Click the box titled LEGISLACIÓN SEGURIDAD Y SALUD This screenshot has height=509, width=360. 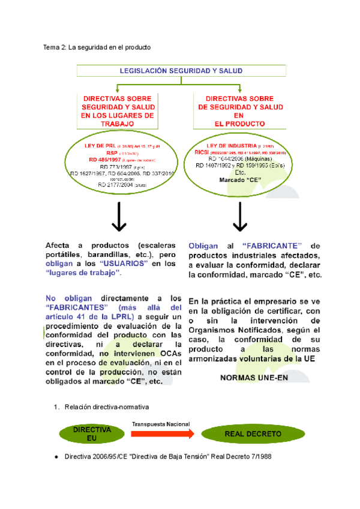click(181, 71)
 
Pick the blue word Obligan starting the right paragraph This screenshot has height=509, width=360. click(203, 246)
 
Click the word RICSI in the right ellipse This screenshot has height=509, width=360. click(200, 152)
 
